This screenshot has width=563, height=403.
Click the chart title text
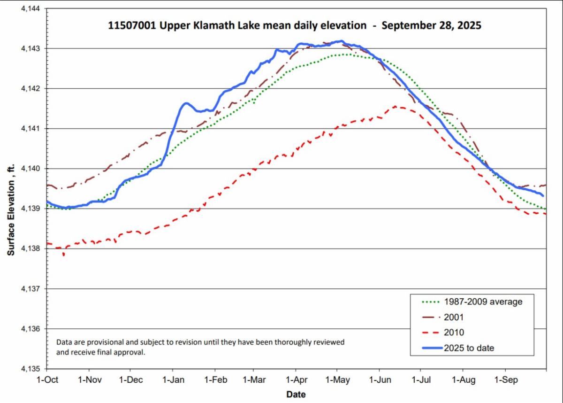[x=295, y=26]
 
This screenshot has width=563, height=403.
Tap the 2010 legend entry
[x=453, y=333]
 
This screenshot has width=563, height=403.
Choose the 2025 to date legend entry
[x=469, y=348]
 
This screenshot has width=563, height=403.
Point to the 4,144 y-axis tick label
[x=31, y=8]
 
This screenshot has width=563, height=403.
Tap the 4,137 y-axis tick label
[x=31, y=289]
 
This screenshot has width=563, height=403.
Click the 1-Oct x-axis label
[x=47, y=379]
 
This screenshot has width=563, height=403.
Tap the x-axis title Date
[x=296, y=394]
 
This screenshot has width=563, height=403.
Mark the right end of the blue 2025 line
[x=543, y=195]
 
